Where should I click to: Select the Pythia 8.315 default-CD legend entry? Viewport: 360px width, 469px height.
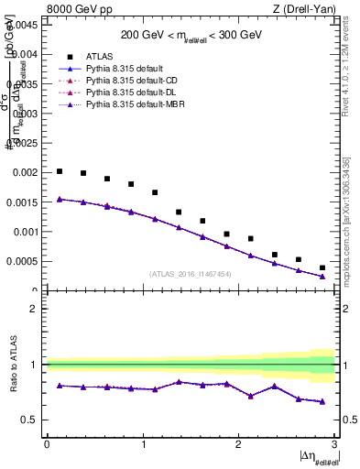(125, 81)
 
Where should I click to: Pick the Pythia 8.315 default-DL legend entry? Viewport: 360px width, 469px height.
(125, 93)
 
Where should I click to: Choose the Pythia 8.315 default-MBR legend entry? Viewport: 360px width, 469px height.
(128, 106)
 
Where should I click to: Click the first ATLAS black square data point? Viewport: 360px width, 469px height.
(60, 171)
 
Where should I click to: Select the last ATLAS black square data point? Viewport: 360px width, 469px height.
(322, 267)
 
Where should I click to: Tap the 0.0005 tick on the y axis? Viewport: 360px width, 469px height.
(22, 261)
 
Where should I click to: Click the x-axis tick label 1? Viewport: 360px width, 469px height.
(142, 443)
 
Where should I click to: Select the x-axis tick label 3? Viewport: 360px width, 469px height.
(333, 443)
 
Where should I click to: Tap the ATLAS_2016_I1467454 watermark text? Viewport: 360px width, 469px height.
(191, 274)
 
